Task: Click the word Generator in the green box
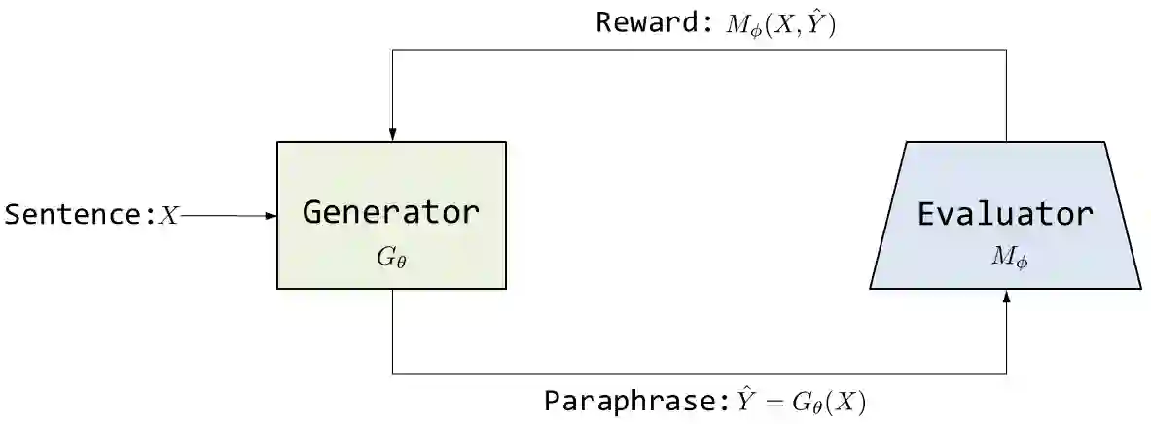click(390, 213)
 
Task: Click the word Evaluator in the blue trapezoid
click(1006, 214)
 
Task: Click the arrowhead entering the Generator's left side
click(271, 216)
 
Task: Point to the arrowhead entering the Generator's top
click(392, 136)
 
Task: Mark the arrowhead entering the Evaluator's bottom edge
click(1006, 296)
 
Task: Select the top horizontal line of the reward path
click(699, 50)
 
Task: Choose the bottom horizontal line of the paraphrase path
click(699, 373)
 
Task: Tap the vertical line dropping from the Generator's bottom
click(392, 331)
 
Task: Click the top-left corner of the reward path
click(392, 50)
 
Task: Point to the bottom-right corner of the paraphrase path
click(1006, 373)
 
